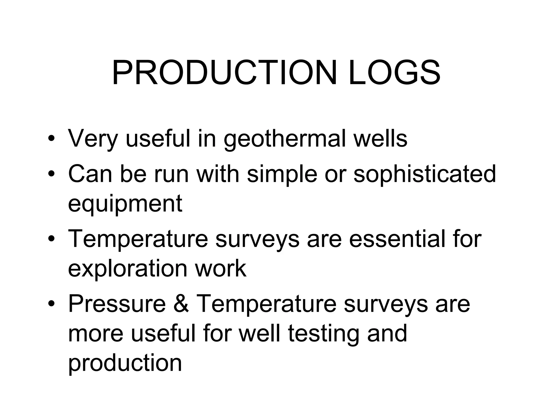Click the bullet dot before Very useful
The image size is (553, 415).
tap(52, 139)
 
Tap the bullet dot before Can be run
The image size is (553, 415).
tap(52, 175)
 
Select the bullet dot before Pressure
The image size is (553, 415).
tap(52, 304)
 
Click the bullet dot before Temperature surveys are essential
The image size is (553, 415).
tap(52, 239)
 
